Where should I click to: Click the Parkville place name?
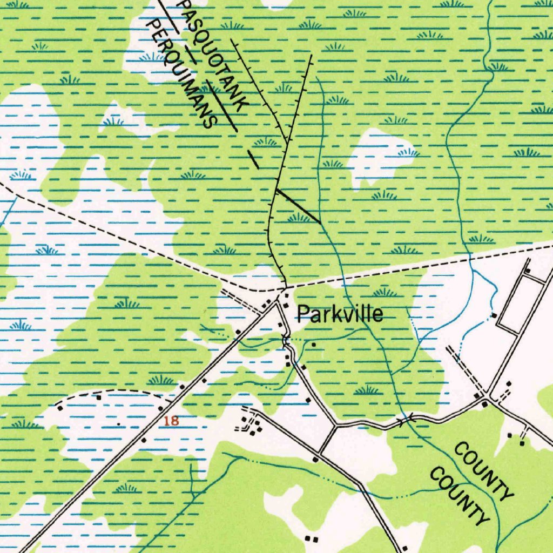340,314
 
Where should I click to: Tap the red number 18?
171,421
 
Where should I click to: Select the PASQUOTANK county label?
214,54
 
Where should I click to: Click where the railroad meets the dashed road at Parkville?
285,287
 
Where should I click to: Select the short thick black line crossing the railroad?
298,206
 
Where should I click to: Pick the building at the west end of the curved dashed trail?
99,397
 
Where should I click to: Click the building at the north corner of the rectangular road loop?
528,271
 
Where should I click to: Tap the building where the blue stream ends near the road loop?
493,315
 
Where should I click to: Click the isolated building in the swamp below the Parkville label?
313,343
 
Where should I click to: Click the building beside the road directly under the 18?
143,440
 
